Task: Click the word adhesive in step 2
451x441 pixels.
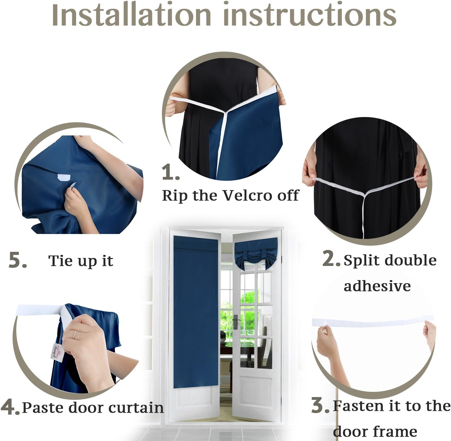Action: (377, 286)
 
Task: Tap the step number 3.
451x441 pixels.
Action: (320, 406)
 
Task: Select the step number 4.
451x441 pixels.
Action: (10, 408)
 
